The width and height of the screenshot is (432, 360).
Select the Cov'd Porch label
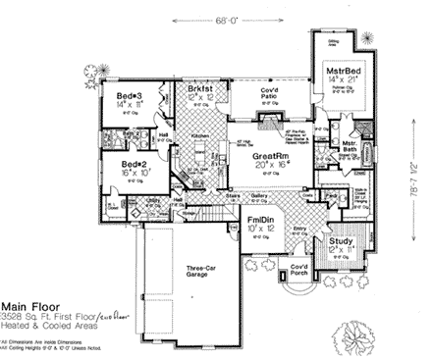click(300, 271)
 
